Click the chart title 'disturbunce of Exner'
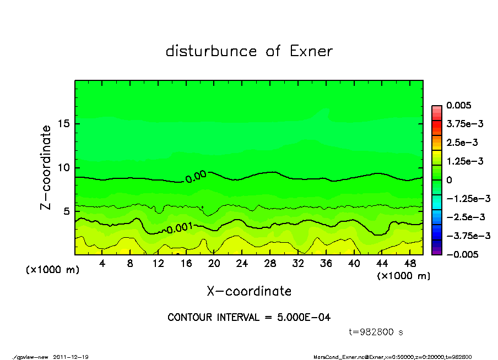(x=249, y=51)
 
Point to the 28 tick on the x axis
(x=270, y=263)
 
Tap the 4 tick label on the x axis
(x=102, y=263)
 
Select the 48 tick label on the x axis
(x=409, y=263)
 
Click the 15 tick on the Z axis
(x=63, y=123)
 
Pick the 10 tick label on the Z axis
(x=63, y=167)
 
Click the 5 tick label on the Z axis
(x=66, y=211)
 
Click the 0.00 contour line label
(x=196, y=176)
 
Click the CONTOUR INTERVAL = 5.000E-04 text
(x=249, y=318)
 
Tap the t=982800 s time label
(x=376, y=332)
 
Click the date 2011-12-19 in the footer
(x=71, y=357)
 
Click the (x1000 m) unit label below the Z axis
(x=52, y=270)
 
